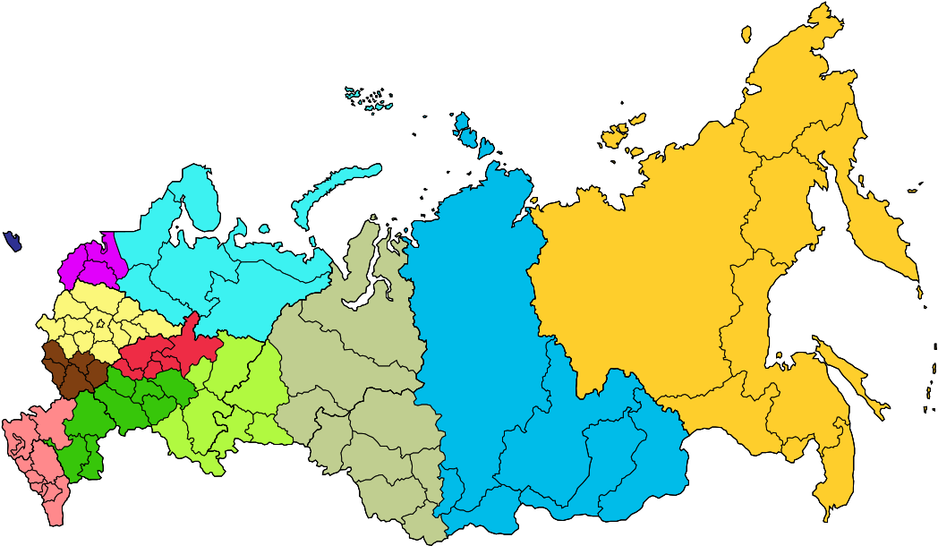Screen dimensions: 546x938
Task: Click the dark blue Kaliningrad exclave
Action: [x=13, y=241]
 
